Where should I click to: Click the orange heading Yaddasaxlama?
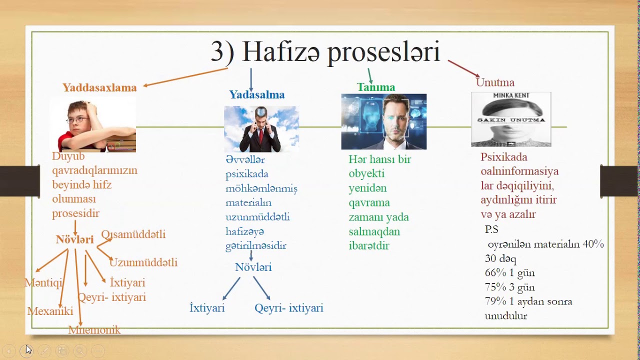click(x=99, y=87)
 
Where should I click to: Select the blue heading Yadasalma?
click(x=256, y=94)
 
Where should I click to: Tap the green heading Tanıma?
click(x=375, y=87)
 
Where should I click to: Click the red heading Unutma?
click(x=494, y=82)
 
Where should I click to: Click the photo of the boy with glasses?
click(x=93, y=125)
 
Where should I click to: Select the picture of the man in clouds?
click(x=261, y=129)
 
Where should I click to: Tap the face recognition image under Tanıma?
click(x=383, y=121)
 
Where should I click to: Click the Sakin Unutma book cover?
click(x=510, y=119)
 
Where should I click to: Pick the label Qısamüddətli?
click(x=133, y=234)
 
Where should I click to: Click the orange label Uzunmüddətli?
click(x=143, y=262)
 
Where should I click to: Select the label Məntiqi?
click(x=44, y=283)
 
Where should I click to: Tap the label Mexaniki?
click(x=50, y=311)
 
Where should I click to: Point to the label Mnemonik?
click(x=94, y=330)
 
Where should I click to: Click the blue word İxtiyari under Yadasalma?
click(x=207, y=308)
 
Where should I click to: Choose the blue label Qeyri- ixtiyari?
click(x=288, y=308)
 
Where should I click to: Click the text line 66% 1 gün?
click(x=509, y=273)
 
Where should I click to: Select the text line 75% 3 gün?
click(x=509, y=287)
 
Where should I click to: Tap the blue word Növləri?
click(x=253, y=267)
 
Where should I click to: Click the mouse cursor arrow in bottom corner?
click(x=28, y=349)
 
